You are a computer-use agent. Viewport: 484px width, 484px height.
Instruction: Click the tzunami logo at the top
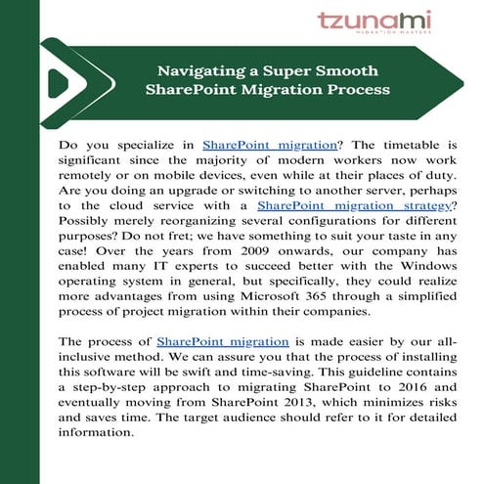click(x=374, y=22)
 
